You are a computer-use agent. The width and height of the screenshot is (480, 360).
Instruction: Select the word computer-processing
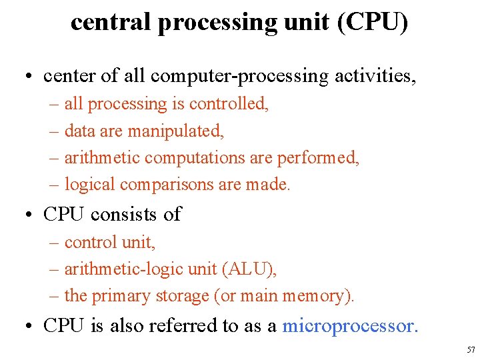point(239,77)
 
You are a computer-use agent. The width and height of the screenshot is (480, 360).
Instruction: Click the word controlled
point(229,104)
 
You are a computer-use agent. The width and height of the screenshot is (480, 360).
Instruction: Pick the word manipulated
point(176,131)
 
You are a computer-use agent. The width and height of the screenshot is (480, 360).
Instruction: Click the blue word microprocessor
point(350,325)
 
